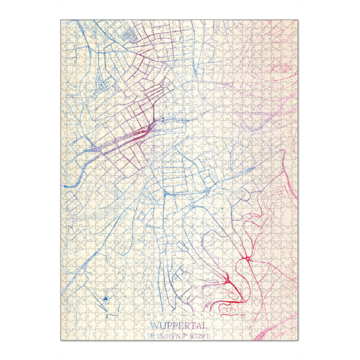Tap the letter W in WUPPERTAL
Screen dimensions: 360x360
coord(154,326)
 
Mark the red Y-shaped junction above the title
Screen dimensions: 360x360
coord(227,279)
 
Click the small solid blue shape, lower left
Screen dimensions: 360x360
coord(106,298)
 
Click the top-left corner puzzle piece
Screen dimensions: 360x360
coord(64,24)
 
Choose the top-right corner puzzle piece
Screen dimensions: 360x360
coord(295,24)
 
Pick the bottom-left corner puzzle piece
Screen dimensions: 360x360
coord(64,336)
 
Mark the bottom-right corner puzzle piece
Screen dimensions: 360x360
coord(295,336)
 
